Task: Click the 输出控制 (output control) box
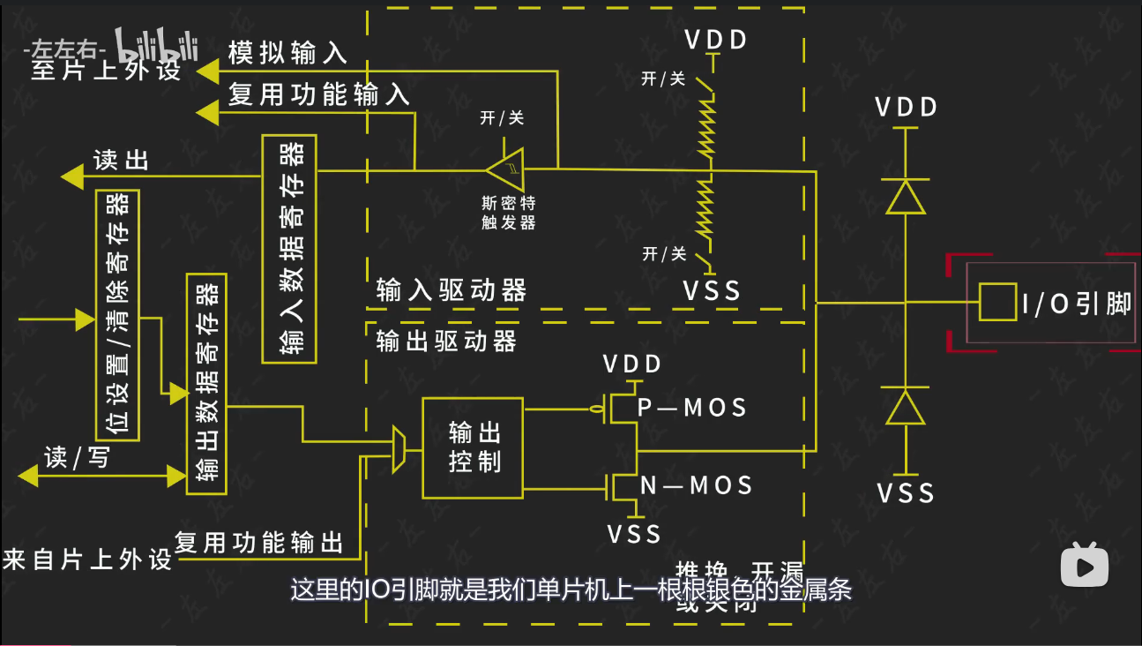click(x=473, y=447)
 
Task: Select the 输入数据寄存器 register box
click(x=289, y=249)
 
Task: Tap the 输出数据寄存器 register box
click(x=206, y=383)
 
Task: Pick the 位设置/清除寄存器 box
click(x=117, y=315)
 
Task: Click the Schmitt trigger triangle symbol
click(x=507, y=167)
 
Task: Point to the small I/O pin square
click(x=996, y=302)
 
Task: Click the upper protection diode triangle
click(x=906, y=196)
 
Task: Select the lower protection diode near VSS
click(x=906, y=407)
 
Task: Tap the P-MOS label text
click(x=692, y=408)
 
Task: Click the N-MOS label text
click(x=696, y=484)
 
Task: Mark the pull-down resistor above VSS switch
click(x=704, y=207)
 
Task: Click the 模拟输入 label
click(x=287, y=53)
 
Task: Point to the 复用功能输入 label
click(x=319, y=94)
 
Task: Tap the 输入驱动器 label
click(x=451, y=290)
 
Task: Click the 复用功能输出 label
click(x=258, y=542)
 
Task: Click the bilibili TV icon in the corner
click(x=1084, y=564)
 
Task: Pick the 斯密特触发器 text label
click(x=509, y=212)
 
